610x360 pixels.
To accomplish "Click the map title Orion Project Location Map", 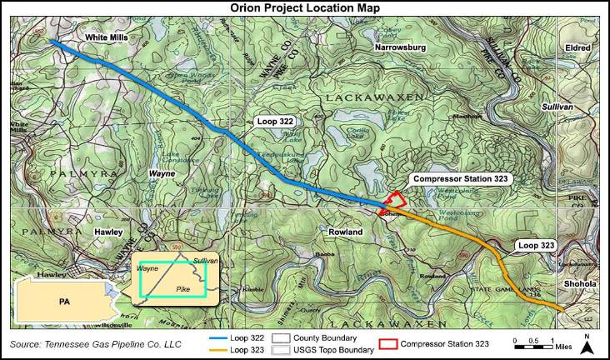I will (304, 7).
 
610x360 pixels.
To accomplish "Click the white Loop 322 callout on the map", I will (276, 122).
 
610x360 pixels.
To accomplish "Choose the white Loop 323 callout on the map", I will (535, 246).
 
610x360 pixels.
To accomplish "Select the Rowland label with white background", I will (344, 231).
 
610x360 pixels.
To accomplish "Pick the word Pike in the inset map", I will (183, 288).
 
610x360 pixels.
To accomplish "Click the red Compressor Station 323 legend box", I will (386, 343).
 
